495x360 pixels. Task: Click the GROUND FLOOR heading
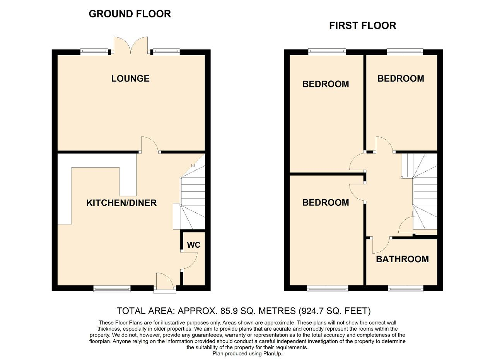130,14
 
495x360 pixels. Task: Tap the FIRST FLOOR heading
362,26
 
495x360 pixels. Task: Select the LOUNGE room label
130,78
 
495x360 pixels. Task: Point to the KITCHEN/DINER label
121,203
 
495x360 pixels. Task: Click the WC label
193,245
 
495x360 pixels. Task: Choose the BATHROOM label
402,259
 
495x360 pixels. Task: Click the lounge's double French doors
130,45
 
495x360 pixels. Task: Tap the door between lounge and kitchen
149,145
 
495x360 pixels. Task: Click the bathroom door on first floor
381,245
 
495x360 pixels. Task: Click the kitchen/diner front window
112,288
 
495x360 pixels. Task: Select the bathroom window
406,288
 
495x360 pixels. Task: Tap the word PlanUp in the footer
272,353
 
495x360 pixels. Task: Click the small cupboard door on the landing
406,225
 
